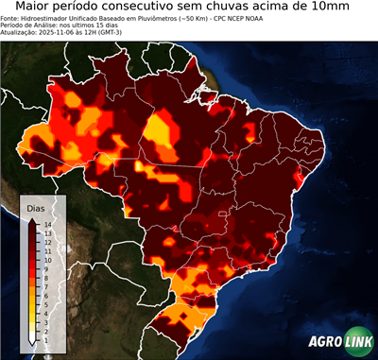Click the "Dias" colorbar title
tap(36, 207)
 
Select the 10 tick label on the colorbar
tap(47, 261)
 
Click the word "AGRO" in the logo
tap(325, 342)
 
